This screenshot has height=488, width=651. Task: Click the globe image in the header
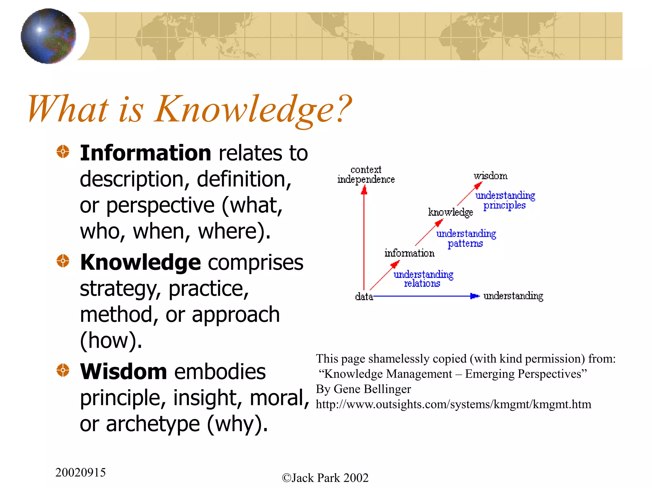(x=48, y=36)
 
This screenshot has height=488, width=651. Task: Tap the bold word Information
(x=145, y=153)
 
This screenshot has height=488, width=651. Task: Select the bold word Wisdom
(x=123, y=372)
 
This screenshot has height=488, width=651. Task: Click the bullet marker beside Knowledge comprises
(x=63, y=261)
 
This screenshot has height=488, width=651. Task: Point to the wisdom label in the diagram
(x=490, y=176)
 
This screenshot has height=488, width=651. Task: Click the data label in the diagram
(x=364, y=297)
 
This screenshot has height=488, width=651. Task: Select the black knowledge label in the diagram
(x=450, y=212)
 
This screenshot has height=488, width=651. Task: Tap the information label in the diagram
(x=409, y=253)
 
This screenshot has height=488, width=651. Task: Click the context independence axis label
(x=366, y=175)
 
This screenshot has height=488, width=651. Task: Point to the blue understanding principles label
(x=505, y=200)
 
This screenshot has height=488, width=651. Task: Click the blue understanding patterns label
(x=466, y=239)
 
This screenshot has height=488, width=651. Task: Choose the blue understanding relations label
(x=423, y=279)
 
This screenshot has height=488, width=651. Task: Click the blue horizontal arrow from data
(x=423, y=296)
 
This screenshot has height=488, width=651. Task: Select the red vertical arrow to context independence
(x=364, y=238)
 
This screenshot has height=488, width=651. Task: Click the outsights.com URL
(x=453, y=404)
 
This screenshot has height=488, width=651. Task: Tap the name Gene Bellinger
(x=372, y=389)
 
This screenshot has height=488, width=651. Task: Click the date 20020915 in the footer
(x=80, y=473)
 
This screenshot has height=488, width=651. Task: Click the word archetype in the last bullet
(x=153, y=424)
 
